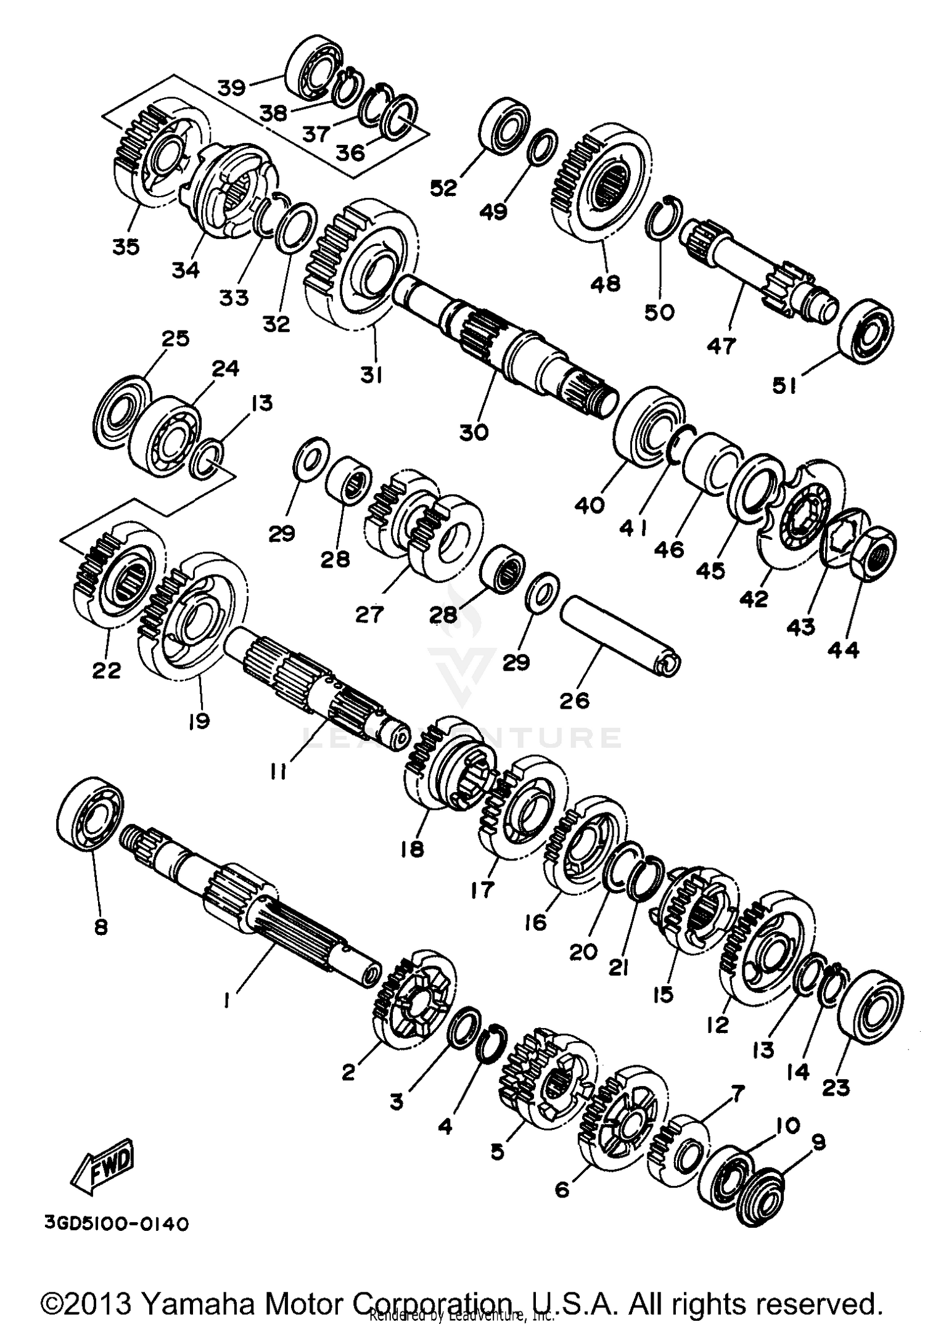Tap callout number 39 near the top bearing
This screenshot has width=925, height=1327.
coord(232,87)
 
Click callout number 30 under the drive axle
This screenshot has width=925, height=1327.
coord(474,432)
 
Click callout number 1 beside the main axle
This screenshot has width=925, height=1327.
coord(227,1000)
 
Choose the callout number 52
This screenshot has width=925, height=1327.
coord(443,188)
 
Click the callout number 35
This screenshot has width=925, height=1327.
coord(126,247)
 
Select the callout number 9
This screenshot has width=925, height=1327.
coord(818,1142)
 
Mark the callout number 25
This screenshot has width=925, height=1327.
coord(175,338)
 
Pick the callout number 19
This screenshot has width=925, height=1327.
coord(199,721)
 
